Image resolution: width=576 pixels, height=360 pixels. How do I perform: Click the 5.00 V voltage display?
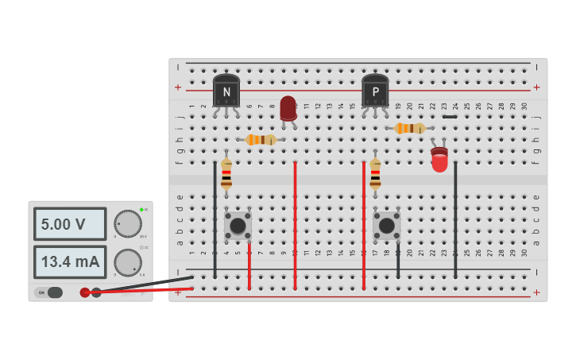tap(70, 224)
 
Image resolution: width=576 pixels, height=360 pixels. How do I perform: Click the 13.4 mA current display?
tap(70, 261)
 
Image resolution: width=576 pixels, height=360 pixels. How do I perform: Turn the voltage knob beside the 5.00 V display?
tap(127, 224)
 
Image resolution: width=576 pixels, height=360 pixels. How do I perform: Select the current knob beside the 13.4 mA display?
tap(127, 262)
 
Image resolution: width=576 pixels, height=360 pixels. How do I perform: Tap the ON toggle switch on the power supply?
tap(49, 292)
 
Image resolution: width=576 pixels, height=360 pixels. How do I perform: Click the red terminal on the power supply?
tap(85, 292)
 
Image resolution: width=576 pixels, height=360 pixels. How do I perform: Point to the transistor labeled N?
tap(226, 91)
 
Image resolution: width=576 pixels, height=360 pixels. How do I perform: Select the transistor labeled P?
tap(375, 91)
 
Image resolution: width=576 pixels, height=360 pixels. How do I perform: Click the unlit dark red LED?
tap(288, 108)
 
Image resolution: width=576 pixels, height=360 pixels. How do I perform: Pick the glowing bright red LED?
tap(439, 159)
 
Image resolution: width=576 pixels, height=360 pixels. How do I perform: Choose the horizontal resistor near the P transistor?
tap(410, 128)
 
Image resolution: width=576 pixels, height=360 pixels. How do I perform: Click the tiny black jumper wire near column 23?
tap(450, 117)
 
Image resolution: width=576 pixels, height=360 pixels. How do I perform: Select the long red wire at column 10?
tap(295, 226)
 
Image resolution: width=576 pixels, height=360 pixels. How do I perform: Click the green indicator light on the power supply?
tap(141, 209)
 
